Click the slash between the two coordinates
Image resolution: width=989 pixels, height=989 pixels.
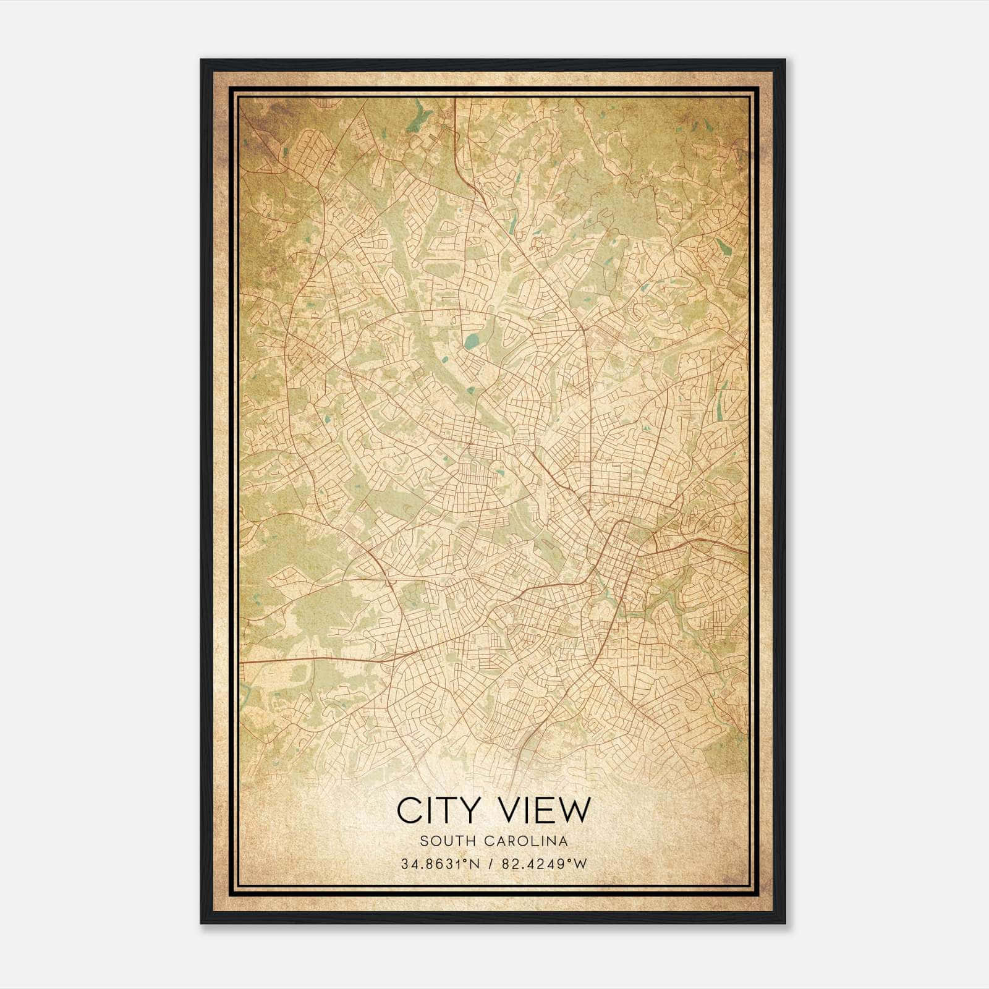pyautogui.click(x=491, y=864)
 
